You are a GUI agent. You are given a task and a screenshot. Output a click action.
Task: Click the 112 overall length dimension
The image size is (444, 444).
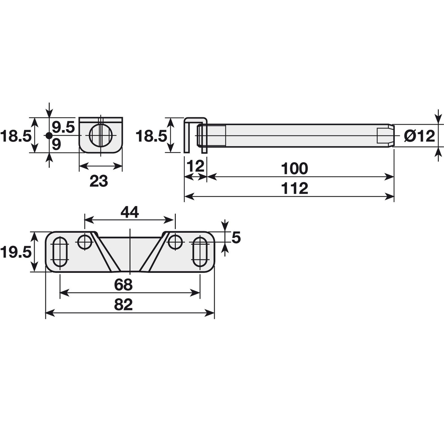pyautogui.click(x=294, y=188)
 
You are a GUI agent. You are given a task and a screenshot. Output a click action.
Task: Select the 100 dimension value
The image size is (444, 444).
pyautogui.click(x=294, y=169)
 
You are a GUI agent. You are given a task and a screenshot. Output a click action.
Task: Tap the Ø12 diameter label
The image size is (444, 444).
pyautogui.click(x=419, y=136)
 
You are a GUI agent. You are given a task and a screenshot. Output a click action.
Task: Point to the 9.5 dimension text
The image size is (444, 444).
pyautogui.click(x=63, y=127)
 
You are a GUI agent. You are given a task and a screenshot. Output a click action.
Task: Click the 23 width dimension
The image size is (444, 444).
pyautogui.click(x=99, y=181)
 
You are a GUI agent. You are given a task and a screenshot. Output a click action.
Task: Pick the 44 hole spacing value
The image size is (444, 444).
pyautogui.click(x=129, y=212)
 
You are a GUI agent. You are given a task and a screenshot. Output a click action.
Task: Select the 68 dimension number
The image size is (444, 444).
pyautogui.click(x=123, y=285)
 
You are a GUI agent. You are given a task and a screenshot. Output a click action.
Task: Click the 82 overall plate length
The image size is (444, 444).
pyautogui.click(x=123, y=305)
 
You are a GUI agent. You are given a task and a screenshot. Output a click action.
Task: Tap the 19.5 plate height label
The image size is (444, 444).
pyautogui.click(x=15, y=252)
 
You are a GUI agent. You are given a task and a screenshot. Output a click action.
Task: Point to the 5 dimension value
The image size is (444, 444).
pyautogui.click(x=236, y=238)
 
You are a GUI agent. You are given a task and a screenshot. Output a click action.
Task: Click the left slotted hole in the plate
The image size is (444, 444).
pyautogui.click(x=60, y=252)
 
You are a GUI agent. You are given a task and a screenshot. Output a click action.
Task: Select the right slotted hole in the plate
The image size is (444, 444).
pyautogui.click(x=200, y=252)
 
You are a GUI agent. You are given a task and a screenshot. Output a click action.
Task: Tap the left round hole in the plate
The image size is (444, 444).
pyautogui.click(x=85, y=242)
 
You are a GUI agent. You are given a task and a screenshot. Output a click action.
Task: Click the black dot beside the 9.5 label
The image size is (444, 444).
pyautogui.click(x=48, y=136)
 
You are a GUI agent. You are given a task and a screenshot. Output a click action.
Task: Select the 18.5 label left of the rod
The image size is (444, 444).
pyautogui.click(x=151, y=136)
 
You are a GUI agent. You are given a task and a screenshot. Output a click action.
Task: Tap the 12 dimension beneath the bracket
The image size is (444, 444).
pyautogui.click(x=195, y=167)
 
